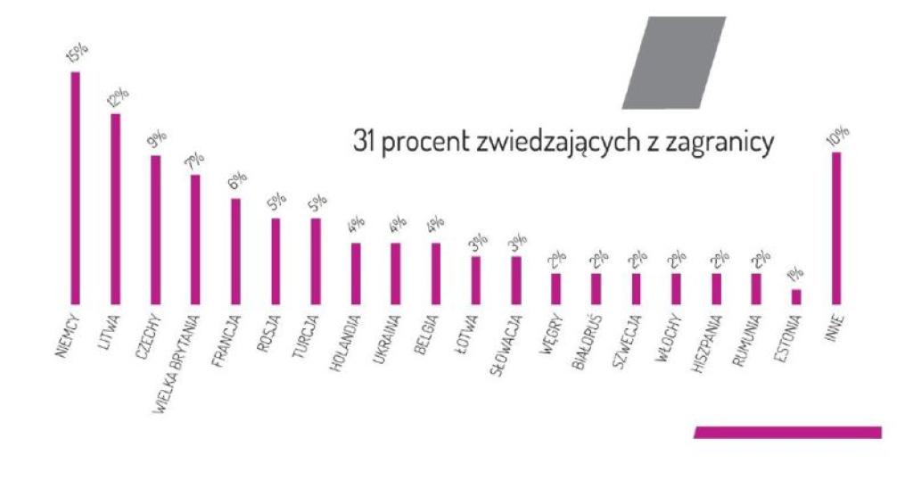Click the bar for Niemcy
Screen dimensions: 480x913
click(x=76, y=187)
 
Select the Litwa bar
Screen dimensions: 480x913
click(x=115, y=209)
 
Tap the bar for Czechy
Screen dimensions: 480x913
click(x=155, y=229)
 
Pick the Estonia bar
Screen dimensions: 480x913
click(x=796, y=296)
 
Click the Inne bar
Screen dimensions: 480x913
click(x=836, y=228)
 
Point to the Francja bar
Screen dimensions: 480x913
click(x=235, y=251)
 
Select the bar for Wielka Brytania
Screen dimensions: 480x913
click(x=195, y=239)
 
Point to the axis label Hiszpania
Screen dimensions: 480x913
click(x=707, y=341)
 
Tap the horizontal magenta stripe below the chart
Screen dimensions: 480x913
click(x=787, y=432)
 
